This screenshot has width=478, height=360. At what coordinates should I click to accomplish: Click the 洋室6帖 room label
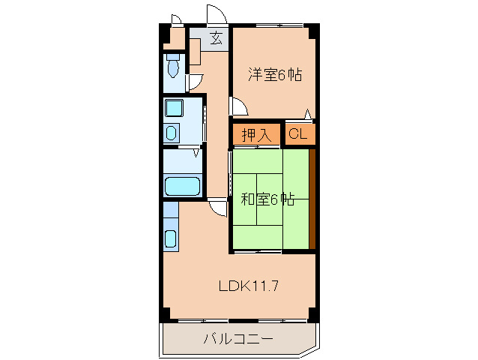pos(275,74)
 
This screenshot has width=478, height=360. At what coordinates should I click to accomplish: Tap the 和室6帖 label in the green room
pos(267,199)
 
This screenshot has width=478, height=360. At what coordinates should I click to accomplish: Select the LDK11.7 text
pos(249,286)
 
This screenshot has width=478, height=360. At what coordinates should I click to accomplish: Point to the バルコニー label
pos(238,340)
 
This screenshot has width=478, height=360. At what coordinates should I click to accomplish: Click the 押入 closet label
pos(255,135)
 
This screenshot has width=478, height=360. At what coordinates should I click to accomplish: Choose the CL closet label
pos(297,135)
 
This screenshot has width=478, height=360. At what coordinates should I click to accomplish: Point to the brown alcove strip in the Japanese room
pos(312,199)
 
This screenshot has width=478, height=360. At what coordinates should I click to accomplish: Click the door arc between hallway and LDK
pos(217,208)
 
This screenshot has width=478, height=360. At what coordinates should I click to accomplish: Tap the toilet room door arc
pos(196,82)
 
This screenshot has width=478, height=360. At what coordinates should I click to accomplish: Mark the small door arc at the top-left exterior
pos(175,19)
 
